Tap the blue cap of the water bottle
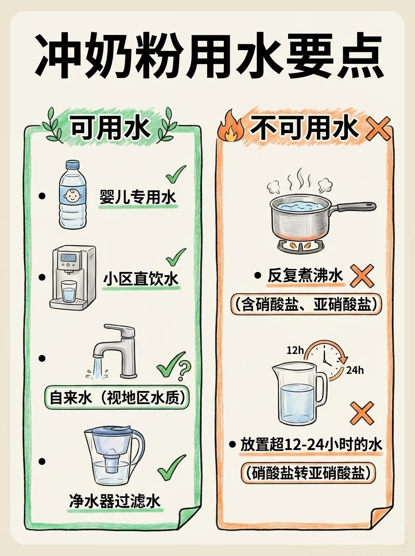(x=72, y=164)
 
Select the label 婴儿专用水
(x=138, y=197)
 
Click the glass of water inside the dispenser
(x=69, y=291)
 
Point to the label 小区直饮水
(x=141, y=279)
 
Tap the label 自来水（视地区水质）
(x=116, y=398)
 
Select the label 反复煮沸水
(x=305, y=276)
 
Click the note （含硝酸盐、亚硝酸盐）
(x=306, y=304)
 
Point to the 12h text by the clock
(x=295, y=350)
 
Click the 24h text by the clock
(x=355, y=371)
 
